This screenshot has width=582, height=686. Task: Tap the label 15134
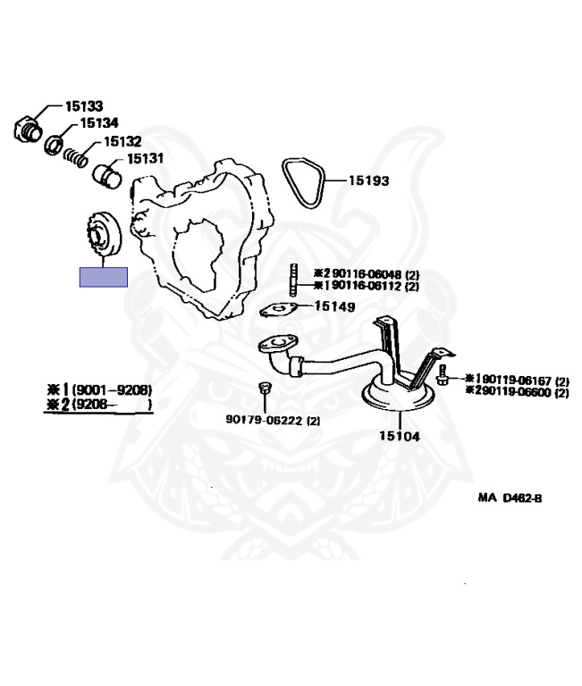coord(100,123)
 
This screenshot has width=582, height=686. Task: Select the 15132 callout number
coord(122,141)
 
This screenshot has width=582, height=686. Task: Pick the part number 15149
coord(335,306)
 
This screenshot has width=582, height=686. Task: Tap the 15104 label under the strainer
coord(400,436)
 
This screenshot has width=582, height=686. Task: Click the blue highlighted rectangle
coord(104,277)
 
